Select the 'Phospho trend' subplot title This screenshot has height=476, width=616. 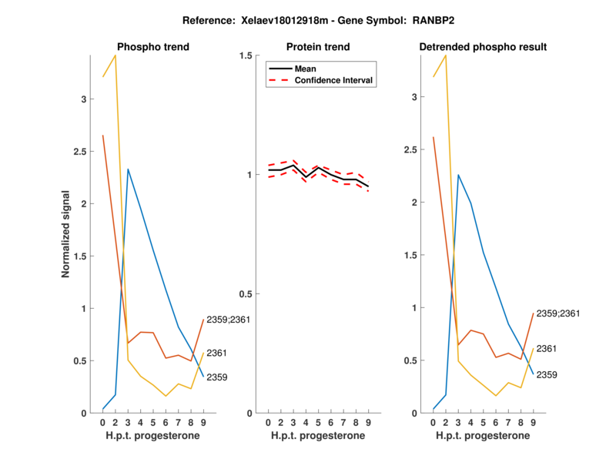[152, 47]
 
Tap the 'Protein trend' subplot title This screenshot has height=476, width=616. [318, 47]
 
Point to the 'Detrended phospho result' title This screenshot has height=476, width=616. [483, 47]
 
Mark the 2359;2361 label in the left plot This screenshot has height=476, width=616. [229, 320]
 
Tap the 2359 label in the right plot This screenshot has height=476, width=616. [547, 374]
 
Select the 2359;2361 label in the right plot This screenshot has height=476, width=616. [557, 313]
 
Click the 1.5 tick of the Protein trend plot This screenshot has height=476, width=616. [246, 55]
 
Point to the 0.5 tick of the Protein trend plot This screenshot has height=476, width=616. [246, 294]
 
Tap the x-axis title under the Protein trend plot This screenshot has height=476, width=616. [318, 436]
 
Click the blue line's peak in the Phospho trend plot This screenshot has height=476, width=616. [128, 169]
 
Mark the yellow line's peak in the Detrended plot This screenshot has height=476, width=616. [445, 55]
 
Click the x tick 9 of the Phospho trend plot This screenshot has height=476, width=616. [203, 423]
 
